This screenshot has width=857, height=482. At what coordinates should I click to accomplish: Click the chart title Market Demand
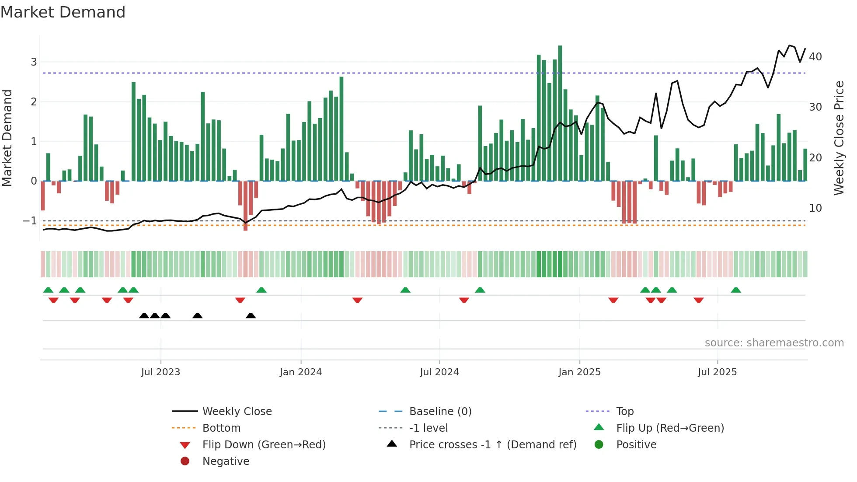(63, 12)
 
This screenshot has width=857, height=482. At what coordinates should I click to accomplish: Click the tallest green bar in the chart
(560, 114)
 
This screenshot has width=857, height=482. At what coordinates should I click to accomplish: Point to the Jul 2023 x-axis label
(160, 372)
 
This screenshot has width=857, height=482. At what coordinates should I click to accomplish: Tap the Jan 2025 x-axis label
(579, 372)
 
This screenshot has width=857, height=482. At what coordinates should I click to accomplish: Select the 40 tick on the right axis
(815, 57)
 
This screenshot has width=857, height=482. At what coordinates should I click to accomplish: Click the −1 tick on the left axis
(30, 221)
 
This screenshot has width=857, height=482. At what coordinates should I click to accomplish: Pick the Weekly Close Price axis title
(839, 138)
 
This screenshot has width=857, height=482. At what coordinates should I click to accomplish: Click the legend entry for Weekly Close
(237, 412)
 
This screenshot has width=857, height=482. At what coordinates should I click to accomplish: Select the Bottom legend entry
(221, 428)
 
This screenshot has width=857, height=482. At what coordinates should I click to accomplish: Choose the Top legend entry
(624, 412)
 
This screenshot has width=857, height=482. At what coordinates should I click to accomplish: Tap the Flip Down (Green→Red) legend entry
(264, 445)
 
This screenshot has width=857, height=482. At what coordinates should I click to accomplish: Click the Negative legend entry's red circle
(185, 461)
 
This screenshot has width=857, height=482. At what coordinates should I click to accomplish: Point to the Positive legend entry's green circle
(599, 445)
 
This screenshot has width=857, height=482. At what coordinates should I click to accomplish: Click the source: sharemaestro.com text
(774, 343)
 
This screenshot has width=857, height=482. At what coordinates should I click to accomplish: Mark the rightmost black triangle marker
(251, 315)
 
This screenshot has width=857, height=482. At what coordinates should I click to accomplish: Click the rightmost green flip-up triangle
(736, 290)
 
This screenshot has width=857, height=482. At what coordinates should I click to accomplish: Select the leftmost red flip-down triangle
(53, 300)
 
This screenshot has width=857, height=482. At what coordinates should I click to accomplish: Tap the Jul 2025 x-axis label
(717, 372)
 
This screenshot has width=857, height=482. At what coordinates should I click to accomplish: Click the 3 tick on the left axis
(34, 62)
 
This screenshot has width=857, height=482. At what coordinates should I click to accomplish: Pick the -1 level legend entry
(428, 428)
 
